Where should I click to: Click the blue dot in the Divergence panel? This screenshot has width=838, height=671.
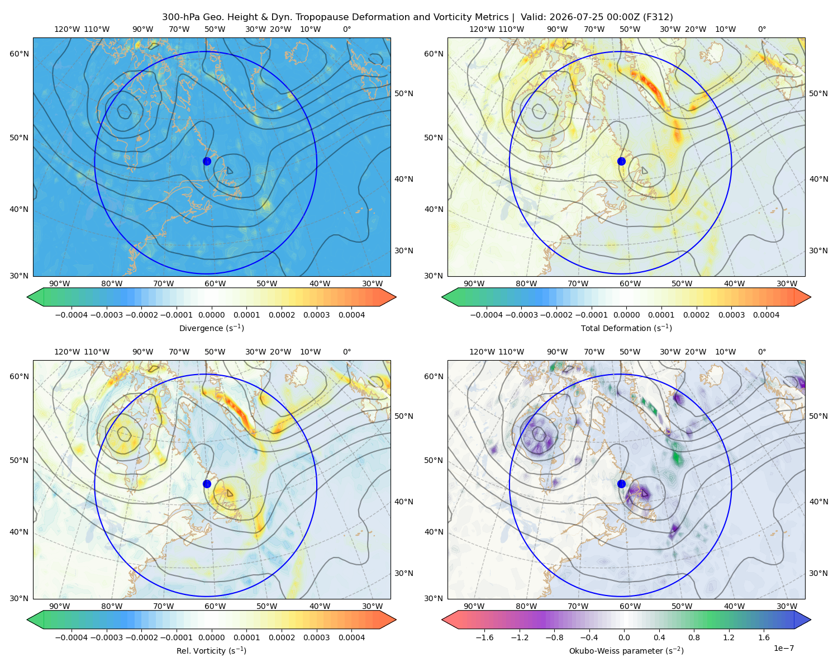(x=207, y=162)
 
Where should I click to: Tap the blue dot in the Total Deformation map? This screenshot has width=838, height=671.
(x=621, y=162)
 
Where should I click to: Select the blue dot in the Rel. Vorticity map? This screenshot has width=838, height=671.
(x=207, y=484)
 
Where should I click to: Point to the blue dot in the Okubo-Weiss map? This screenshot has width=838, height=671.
(x=621, y=484)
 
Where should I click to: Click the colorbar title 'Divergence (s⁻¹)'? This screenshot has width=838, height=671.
(x=211, y=328)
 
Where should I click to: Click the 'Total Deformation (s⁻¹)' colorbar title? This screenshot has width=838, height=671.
(x=626, y=328)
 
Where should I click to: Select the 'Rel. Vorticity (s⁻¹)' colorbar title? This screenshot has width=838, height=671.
(x=211, y=651)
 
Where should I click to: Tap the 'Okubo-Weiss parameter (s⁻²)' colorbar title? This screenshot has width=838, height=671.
(x=626, y=651)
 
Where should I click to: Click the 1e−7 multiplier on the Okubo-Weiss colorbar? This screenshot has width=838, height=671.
(x=783, y=648)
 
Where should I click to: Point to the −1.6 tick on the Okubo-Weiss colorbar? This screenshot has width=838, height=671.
(x=484, y=637)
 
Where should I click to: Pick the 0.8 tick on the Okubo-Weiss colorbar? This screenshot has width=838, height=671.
(x=694, y=637)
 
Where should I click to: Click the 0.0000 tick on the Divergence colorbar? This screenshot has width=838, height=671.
(x=211, y=315)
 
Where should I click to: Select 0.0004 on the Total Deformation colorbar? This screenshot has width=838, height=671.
(x=766, y=315)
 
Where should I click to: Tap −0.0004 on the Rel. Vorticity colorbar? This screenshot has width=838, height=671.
(x=72, y=637)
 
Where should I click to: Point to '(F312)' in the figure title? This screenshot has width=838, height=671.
(x=658, y=17)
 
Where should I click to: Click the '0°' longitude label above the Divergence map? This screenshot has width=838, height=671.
(x=347, y=29)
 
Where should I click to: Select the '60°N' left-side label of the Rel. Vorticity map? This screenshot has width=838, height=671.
(x=19, y=376)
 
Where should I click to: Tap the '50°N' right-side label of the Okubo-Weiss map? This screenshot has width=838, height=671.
(x=818, y=416)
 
